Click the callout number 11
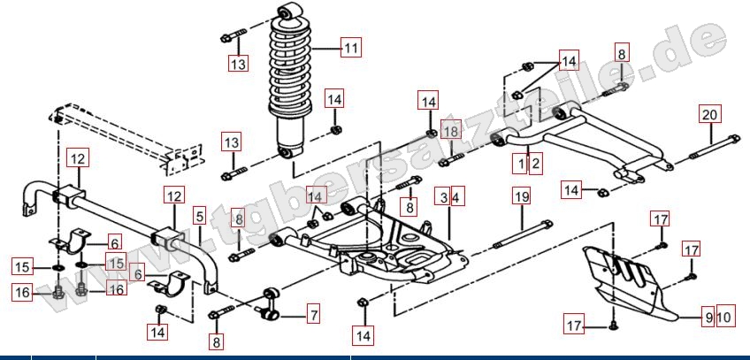(351, 49)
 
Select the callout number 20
(710, 114)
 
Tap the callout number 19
(521, 196)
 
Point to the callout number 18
(450, 132)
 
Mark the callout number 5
(199, 215)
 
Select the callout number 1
(522, 163)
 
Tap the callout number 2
(535, 163)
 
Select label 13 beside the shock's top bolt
(237, 65)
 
